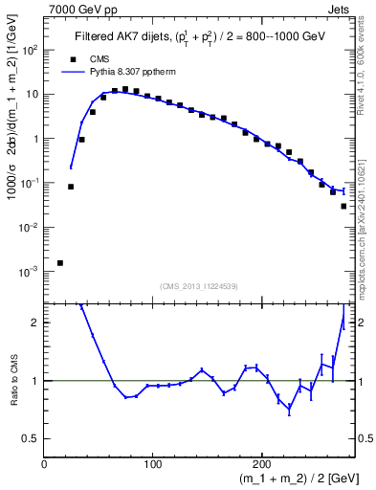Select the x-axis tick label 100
(x=152, y=464)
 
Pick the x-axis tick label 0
(x=44, y=464)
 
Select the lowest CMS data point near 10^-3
(x=60, y=262)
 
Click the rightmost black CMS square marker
(x=343, y=206)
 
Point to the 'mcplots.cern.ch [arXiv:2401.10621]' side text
(x=366, y=211)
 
